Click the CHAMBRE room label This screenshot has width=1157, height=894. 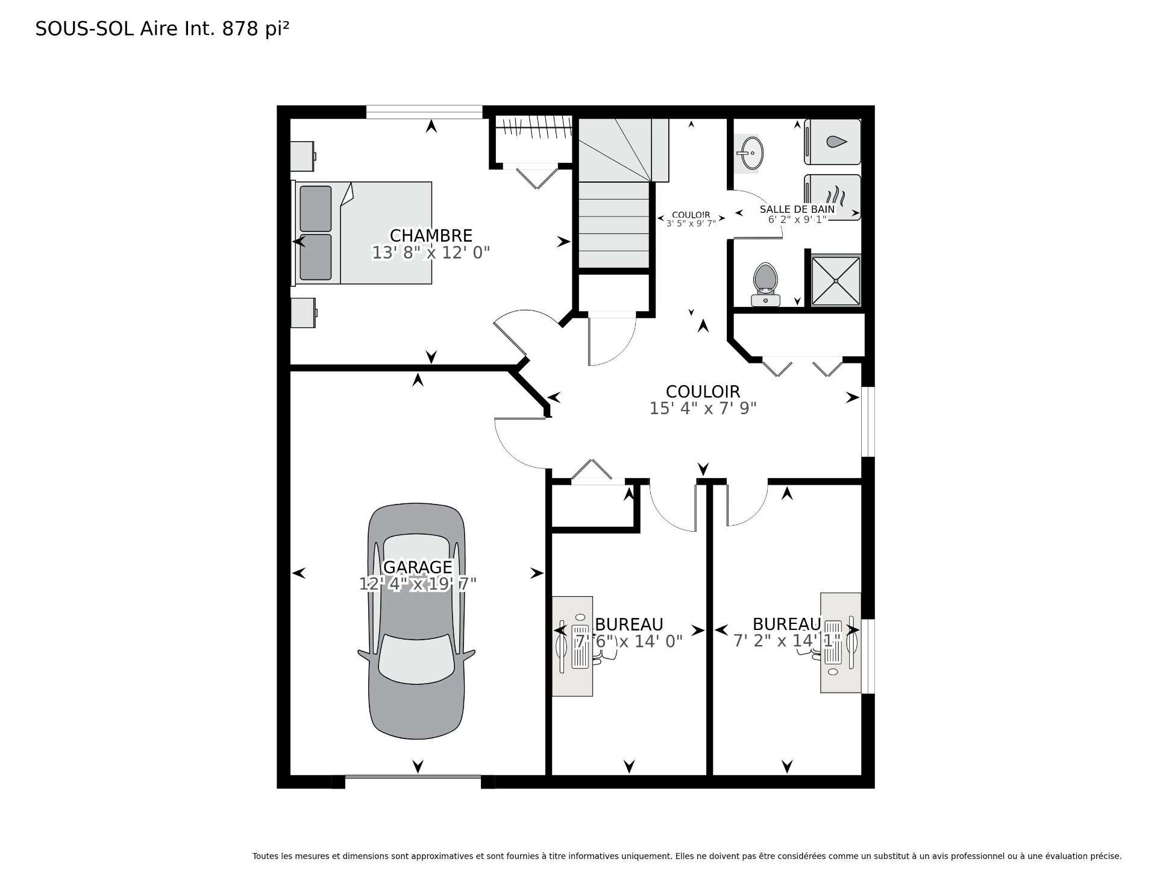point(431,235)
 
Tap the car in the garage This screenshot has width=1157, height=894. point(416,621)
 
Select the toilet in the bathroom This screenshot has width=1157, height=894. point(765,283)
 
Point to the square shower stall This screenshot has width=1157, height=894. point(835,280)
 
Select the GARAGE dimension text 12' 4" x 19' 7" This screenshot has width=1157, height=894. point(418,584)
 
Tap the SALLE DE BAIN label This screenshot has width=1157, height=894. point(797,209)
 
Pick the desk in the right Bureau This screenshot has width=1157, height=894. point(839,643)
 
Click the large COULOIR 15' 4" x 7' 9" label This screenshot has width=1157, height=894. point(703,400)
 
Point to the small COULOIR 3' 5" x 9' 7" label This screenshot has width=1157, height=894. point(691,218)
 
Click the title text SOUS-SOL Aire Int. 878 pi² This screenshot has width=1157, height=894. point(162,29)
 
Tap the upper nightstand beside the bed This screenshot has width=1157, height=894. point(303,156)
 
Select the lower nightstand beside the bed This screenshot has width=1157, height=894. point(303,312)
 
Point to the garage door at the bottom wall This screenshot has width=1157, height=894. point(413,782)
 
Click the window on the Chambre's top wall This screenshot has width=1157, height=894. point(424,112)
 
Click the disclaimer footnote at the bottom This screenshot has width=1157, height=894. point(686,856)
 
